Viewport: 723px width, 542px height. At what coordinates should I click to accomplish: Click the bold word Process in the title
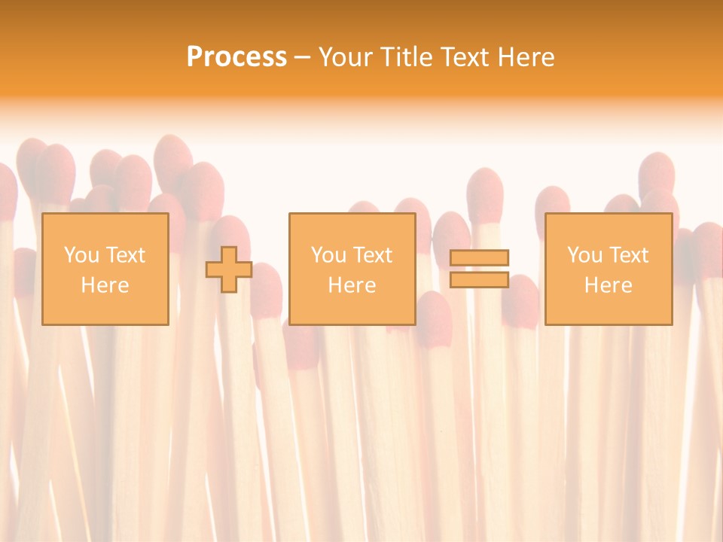click(236, 57)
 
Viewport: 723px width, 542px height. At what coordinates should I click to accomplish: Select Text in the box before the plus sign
click(125, 255)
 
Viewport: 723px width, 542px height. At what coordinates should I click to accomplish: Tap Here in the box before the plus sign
click(105, 285)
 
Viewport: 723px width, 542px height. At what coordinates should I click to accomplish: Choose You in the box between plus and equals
click(328, 255)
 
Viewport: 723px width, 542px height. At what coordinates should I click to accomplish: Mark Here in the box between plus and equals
click(352, 285)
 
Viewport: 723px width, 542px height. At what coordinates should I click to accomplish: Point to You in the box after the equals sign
click(584, 255)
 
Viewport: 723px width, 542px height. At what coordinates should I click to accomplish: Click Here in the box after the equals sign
click(608, 285)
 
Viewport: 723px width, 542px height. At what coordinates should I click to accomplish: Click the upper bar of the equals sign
click(479, 257)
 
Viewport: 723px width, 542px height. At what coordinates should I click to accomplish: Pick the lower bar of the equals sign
click(479, 280)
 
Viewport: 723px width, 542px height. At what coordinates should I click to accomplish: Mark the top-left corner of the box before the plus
click(43, 215)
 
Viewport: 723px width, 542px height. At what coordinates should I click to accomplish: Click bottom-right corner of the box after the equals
click(671, 324)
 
